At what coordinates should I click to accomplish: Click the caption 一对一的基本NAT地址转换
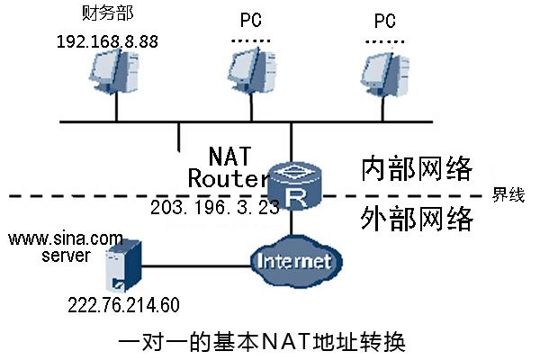[x=264, y=342]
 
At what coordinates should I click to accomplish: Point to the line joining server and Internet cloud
[x=193, y=265]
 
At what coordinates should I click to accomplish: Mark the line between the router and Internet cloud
[x=292, y=224]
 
